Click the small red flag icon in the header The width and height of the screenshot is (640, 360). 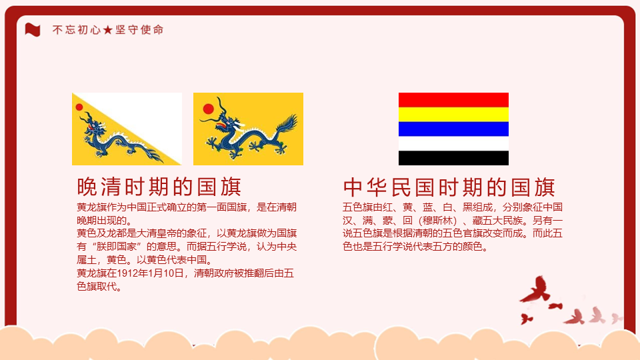tap(33, 30)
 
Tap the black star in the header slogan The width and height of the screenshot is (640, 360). tap(108, 30)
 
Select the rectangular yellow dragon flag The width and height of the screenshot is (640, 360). tap(248, 129)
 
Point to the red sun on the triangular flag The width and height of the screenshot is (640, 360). tap(79, 107)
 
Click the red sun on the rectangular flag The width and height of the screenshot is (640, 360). tap(209, 109)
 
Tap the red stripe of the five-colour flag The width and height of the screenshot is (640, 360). tap(453, 100)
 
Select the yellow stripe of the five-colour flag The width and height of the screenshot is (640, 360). tap(453, 114)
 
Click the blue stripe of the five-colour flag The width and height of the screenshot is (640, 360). tap(453, 129)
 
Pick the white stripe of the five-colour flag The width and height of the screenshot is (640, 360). tap(453, 144)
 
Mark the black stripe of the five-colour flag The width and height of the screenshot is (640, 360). tap(453, 158)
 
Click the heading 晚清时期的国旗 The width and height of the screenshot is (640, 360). tap(159, 187)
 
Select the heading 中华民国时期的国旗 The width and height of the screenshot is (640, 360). tap(449, 187)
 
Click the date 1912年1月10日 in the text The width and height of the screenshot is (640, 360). tap(150, 273)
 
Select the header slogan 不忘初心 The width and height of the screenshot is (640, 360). tap(76, 30)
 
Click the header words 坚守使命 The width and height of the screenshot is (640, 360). tap(139, 30)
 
